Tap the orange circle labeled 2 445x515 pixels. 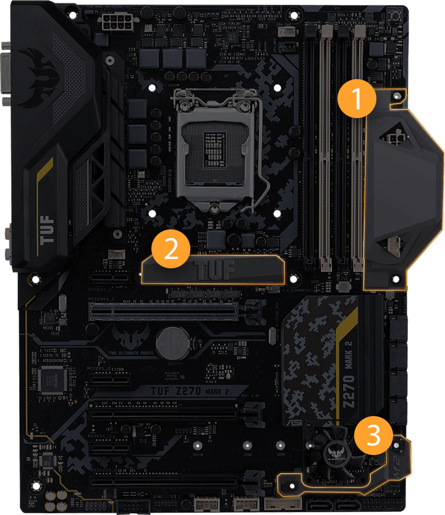coord(171,248)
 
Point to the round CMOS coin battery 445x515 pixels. coord(171,343)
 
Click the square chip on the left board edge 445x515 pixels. coord(49,378)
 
